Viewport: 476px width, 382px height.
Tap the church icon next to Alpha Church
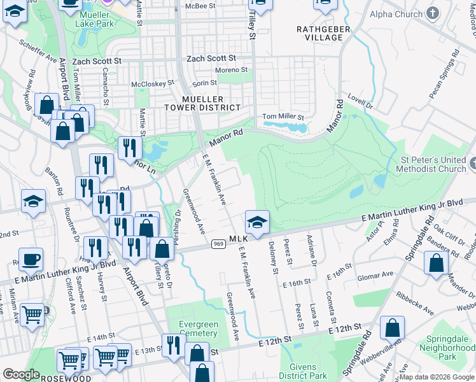433,13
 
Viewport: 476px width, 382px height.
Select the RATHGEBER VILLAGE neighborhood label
319,33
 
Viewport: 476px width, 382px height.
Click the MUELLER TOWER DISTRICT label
202,104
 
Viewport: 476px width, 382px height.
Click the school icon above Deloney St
257,222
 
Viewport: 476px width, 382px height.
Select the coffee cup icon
31,259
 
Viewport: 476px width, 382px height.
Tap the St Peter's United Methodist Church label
430,165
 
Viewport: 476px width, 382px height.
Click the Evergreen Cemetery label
199,329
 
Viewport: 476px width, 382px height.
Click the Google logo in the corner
21,374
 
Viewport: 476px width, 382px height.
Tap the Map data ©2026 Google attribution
437,377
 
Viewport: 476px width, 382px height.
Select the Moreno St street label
230,69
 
